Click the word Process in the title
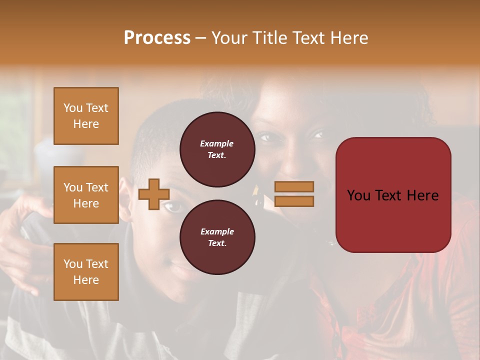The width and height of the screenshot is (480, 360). click(157, 38)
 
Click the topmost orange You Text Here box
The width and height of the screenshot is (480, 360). click(86, 116)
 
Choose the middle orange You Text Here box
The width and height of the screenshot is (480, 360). click(86, 195)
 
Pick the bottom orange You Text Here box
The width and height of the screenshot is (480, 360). click(86, 271)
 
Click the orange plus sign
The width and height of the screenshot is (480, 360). click(154, 194)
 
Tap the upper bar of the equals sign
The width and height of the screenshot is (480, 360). click(294, 186)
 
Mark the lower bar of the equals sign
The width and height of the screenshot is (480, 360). click(294, 201)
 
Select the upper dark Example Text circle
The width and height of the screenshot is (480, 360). click(217, 149)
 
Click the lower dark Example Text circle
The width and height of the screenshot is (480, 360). click(217, 237)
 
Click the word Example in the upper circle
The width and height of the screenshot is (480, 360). click(217, 144)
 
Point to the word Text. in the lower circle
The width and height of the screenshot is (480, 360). click(217, 243)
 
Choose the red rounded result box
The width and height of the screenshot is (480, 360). click(393, 195)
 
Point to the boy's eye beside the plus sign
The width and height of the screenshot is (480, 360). click(173, 206)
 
